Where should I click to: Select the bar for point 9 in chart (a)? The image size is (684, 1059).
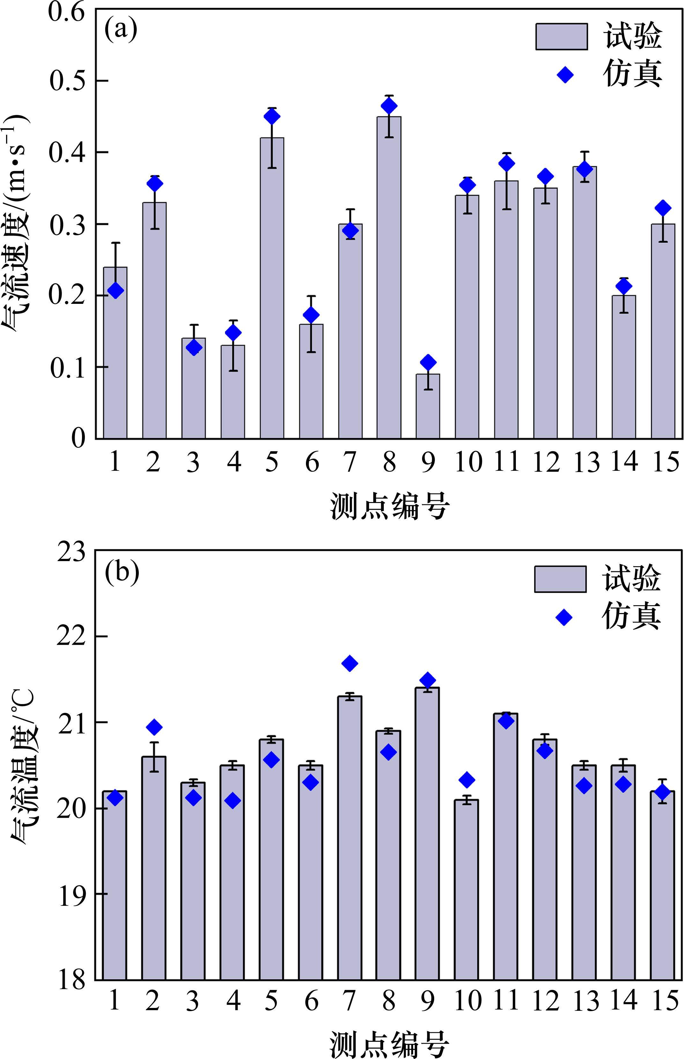click(x=428, y=406)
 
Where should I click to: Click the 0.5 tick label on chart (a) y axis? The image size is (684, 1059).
click(x=67, y=81)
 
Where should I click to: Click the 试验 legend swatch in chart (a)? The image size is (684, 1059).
click(x=561, y=36)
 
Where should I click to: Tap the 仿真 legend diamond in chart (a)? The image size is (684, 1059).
click(x=565, y=75)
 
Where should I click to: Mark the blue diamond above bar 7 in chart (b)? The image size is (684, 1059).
click(x=350, y=663)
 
